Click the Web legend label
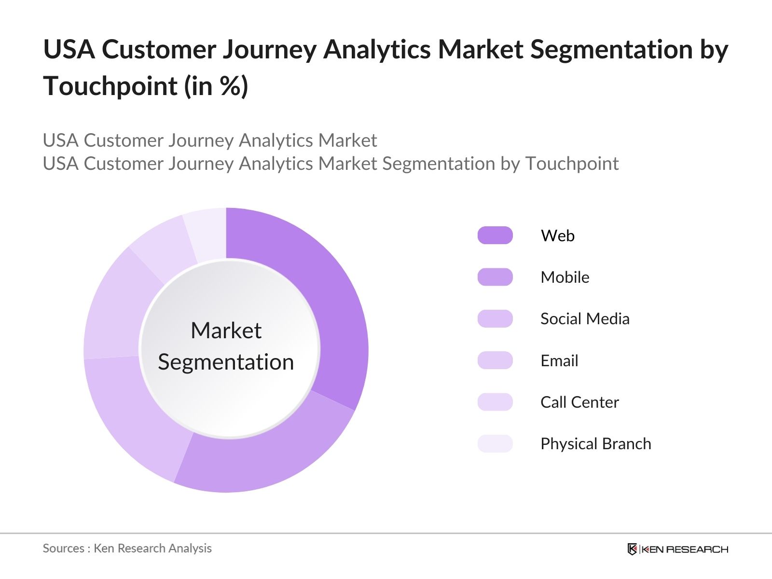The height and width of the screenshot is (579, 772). click(557, 235)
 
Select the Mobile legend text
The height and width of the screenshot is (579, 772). click(565, 277)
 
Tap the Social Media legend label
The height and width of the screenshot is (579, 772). click(585, 319)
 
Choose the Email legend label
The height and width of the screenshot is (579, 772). click(559, 360)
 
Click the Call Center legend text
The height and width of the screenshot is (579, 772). click(579, 402)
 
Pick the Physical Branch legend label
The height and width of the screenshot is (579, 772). click(595, 444)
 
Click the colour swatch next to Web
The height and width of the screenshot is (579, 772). click(495, 235)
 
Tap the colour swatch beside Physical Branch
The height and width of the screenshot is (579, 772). click(495, 444)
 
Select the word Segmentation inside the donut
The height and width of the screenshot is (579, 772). click(226, 362)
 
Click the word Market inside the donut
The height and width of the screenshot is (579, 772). click(226, 331)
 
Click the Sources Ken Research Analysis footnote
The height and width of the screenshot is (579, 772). click(127, 548)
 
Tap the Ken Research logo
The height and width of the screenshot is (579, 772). click(677, 549)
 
